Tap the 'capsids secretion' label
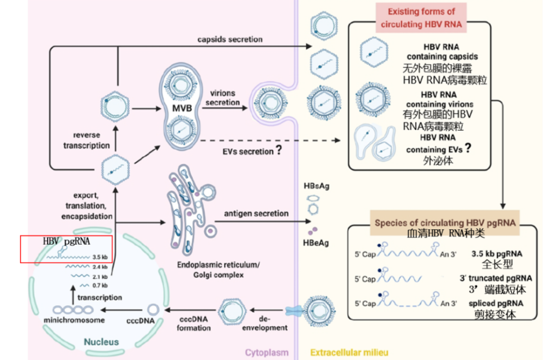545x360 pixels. point(230,39)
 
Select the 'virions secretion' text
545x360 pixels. point(223,98)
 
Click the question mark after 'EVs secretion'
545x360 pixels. point(279,150)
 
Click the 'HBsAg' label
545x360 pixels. point(316,186)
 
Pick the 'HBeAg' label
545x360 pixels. point(316,243)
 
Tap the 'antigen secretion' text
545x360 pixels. point(256,213)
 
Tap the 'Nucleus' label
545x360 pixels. point(101,342)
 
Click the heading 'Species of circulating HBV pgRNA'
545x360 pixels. point(445,223)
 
